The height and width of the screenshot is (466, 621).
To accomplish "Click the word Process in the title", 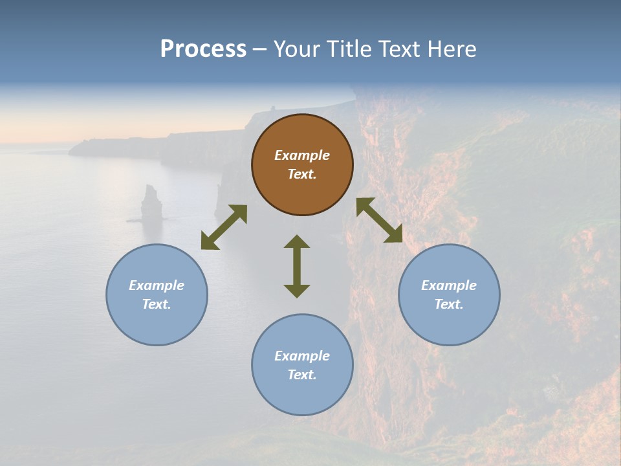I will pos(203,49).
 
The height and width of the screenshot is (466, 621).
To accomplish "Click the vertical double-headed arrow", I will pos(297,266).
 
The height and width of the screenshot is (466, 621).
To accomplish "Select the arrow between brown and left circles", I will pos(224,227).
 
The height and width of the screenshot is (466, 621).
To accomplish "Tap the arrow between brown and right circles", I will pos(379,220).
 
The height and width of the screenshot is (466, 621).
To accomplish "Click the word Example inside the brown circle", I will pos(302,155).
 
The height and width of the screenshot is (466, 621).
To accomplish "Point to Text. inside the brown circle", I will pos(302,174).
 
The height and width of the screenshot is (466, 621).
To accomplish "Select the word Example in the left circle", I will pos(157,285).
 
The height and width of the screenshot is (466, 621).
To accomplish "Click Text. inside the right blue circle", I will pos(449,304).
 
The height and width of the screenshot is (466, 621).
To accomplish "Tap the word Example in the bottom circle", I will pos(302,356).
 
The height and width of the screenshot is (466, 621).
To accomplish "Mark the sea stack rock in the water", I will pos(152,203).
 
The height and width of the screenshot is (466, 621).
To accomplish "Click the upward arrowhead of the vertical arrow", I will pos(297,241).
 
